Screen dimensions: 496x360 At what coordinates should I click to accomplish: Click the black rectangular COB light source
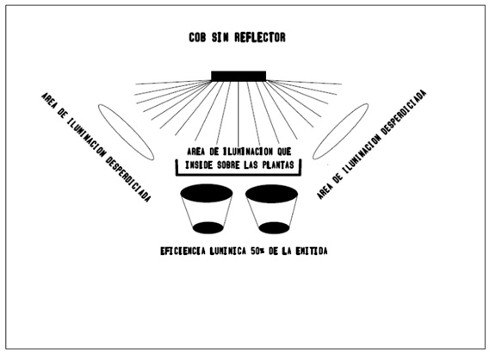239,77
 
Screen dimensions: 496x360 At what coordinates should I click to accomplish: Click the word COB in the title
197,37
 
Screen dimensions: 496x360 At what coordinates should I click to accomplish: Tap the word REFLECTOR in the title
260,37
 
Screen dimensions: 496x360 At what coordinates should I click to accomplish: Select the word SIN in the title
220,37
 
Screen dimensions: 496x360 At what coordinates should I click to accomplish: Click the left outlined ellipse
126,132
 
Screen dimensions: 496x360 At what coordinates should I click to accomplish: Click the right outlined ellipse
340,131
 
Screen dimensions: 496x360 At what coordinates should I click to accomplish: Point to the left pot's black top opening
207,193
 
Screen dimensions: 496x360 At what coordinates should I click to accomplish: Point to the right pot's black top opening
271,194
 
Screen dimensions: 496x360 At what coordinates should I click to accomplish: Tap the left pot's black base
208,227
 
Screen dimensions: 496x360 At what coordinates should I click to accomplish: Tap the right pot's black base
274,227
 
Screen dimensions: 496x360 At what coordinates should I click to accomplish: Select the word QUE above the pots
284,152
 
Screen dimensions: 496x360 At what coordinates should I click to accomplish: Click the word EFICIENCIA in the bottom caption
183,251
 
